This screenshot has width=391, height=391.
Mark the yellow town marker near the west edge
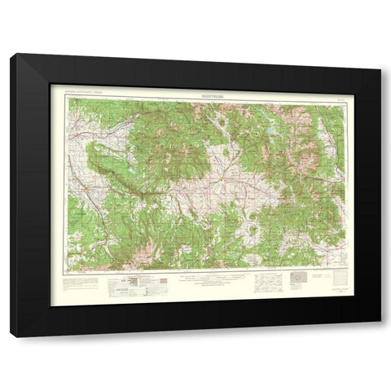pyautogui.click(x=88, y=189)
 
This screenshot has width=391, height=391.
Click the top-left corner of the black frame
pyautogui.click(x=11, y=55)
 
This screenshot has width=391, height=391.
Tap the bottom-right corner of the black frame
pyautogui.click(x=380, y=336)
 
